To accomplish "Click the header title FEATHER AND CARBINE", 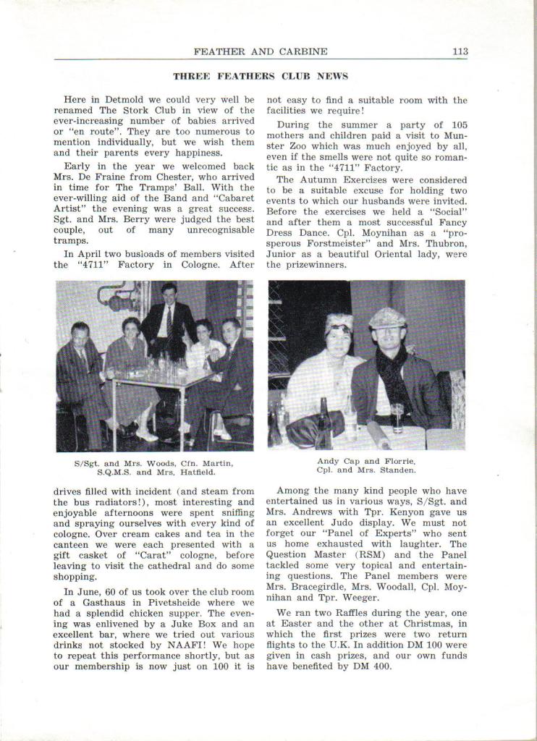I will coord(261,51).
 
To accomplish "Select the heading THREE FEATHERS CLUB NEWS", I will coord(261,76).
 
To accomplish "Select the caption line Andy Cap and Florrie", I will coord(366,461).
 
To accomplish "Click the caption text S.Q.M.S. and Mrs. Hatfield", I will coord(156,473).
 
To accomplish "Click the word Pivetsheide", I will coord(182,602).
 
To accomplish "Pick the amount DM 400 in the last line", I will coord(372,666).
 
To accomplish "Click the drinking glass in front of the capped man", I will coord(397,418).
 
